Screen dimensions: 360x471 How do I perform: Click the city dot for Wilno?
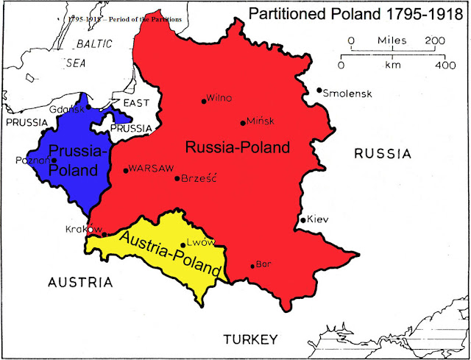(203, 102)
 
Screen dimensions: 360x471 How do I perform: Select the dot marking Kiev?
(302, 220)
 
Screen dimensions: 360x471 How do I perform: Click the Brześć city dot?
(177, 178)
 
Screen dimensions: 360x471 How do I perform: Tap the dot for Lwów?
(183, 245)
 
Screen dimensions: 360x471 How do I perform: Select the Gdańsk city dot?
(88, 107)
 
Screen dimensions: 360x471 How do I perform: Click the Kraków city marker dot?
(104, 235)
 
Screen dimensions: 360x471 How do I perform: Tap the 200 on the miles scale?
(435, 40)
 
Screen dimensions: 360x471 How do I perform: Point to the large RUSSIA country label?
(381, 154)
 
